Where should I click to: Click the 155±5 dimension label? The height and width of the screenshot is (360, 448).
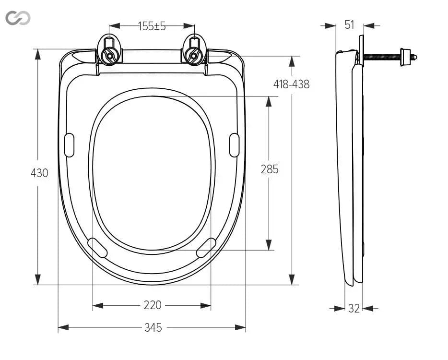click(152, 26)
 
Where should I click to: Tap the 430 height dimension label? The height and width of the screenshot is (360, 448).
click(39, 173)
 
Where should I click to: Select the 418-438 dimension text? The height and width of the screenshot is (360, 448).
click(292, 84)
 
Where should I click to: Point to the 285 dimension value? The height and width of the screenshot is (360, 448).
click(270, 169)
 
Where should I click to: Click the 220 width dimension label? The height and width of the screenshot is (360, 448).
click(153, 305)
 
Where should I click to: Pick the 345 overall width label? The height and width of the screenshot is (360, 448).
click(153, 327)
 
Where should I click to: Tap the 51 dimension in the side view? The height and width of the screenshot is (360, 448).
click(349, 25)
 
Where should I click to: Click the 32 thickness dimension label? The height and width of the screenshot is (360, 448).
click(354, 308)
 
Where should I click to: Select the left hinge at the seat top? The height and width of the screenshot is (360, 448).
click(110, 50)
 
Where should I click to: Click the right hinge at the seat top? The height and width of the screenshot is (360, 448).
click(194, 50)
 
